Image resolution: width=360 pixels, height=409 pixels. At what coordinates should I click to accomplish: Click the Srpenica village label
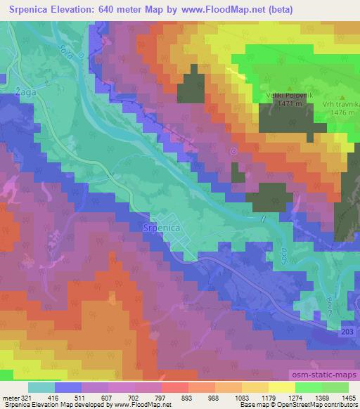162,228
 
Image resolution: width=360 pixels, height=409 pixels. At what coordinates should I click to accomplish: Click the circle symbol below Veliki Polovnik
233,151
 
